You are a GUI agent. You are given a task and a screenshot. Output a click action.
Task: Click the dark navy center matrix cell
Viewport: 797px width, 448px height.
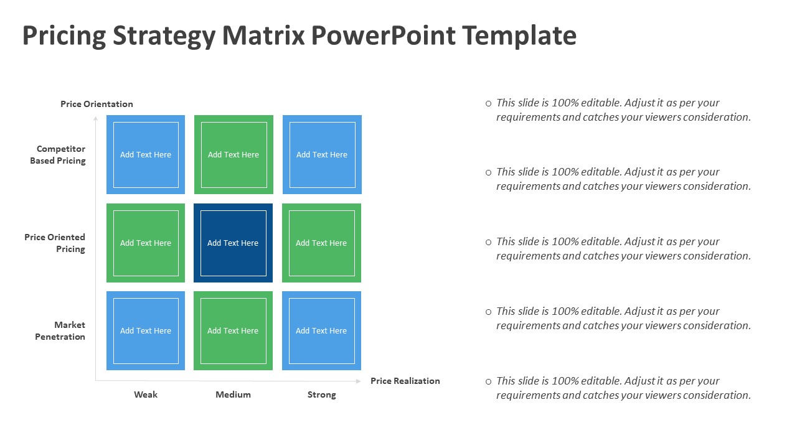pyautogui.click(x=233, y=243)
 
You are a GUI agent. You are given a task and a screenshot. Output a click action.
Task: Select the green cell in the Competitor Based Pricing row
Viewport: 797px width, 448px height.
pyautogui.click(x=233, y=155)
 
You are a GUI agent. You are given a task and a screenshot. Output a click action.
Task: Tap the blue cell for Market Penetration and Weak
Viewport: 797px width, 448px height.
pyautogui.click(x=146, y=330)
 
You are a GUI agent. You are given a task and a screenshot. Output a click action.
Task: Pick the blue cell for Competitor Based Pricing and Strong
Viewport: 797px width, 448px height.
pyautogui.click(x=322, y=155)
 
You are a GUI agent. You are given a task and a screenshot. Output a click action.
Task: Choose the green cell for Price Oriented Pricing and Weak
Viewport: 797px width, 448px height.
pyautogui.click(x=146, y=243)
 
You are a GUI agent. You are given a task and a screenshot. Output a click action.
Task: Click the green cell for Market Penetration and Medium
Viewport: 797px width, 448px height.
pyautogui.click(x=233, y=330)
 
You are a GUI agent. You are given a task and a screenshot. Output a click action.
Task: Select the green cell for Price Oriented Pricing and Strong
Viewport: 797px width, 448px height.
pyautogui.click(x=322, y=243)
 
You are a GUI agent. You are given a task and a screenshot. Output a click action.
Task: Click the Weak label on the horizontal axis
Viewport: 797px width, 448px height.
pyautogui.click(x=146, y=394)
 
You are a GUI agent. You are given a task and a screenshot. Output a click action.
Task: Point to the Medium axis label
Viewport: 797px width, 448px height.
pyautogui.click(x=233, y=394)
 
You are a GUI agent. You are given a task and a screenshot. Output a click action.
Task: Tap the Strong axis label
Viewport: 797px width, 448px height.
pyautogui.click(x=322, y=394)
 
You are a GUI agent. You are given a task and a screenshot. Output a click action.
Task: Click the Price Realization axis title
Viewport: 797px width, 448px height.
pyautogui.click(x=405, y=381)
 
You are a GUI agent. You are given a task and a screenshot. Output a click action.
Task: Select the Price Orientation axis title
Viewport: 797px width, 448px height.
pyautogui.click(x=97, y=104)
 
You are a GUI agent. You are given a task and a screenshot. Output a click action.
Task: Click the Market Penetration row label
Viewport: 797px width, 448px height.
pyautogui.click(x=60, y=330)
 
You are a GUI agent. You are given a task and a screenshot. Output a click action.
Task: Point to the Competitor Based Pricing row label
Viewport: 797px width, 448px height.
pyautogui.click(x=58, y=155)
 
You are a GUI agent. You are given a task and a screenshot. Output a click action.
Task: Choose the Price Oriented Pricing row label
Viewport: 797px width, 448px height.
pyautogui.click(x=55, y=243)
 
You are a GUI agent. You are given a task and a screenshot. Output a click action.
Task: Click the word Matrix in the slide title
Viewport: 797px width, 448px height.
pyautogui.click(x=263, y=35)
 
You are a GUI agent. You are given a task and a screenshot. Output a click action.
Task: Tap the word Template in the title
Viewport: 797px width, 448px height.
pyautogui.click(x=519, y=36)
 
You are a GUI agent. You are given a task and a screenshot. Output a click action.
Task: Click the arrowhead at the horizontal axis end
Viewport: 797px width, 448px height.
pyautogui.click(x=358, y=381)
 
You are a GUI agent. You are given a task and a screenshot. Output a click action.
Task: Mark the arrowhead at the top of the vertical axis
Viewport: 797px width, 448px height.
pyautogui.click(x=95, y=118)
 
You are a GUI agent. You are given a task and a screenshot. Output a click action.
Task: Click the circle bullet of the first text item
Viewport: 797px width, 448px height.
pyautogui.click(x=489, y=103)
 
